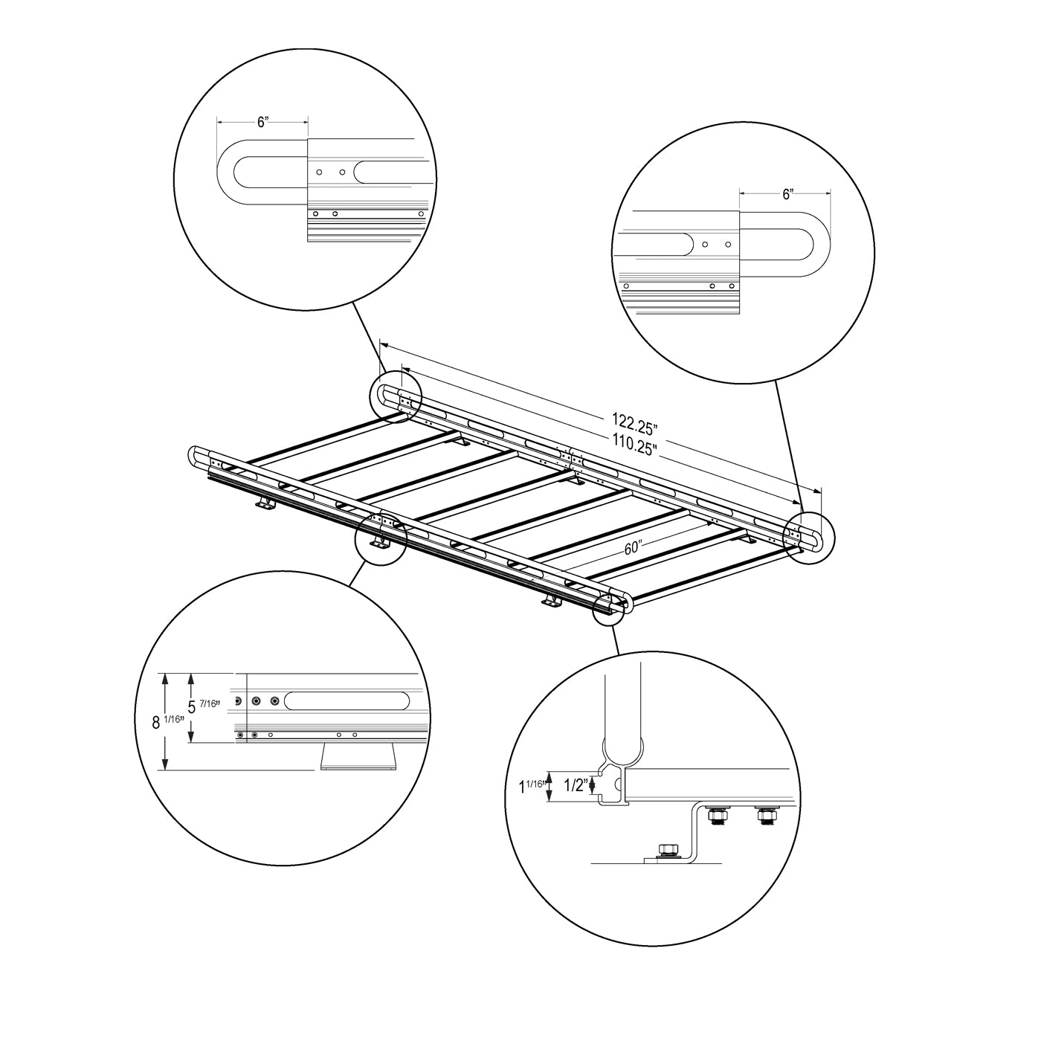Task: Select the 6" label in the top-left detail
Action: coord(262,122)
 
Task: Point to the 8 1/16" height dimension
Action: coord(167,722)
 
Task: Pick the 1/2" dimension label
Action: coord(576,785)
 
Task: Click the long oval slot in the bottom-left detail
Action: coord(346,700)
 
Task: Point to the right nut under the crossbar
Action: coord(765,816)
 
